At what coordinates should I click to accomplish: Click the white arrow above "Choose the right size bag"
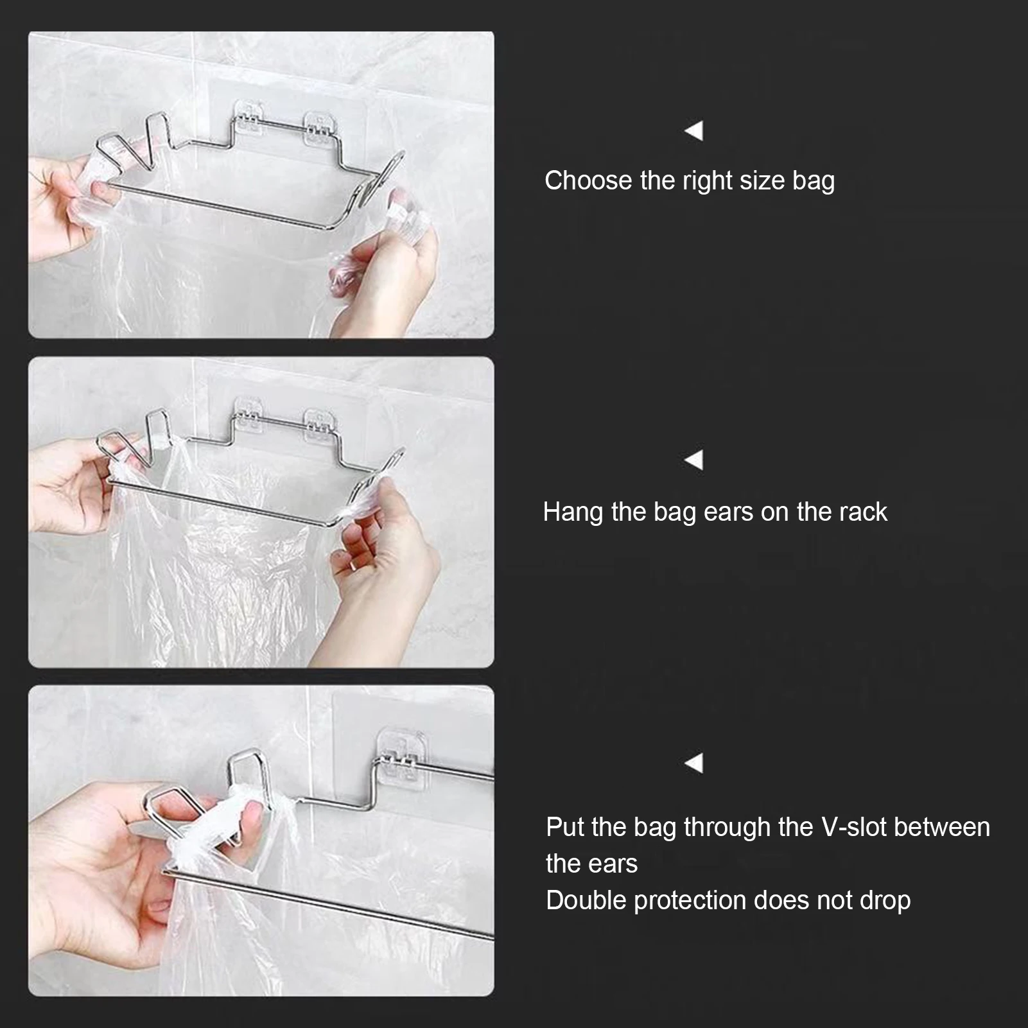tap(693, 130)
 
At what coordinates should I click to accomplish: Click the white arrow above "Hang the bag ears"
tap(693, 460)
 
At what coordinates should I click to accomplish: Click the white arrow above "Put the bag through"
tap(693, 763)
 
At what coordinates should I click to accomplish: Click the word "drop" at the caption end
tap(885, 901)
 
